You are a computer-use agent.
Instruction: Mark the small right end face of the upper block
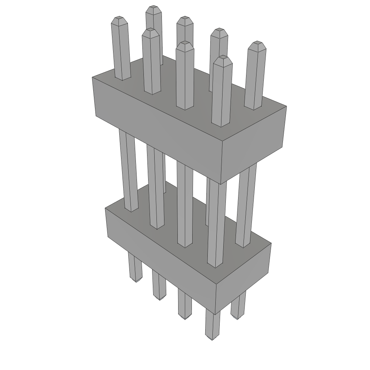pos(253,145)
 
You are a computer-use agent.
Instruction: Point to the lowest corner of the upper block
pos(221,184)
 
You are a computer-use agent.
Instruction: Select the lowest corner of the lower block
pos(216,314)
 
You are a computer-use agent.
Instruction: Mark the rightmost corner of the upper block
pos(287,106)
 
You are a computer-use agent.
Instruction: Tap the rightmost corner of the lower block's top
pos(271,243)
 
